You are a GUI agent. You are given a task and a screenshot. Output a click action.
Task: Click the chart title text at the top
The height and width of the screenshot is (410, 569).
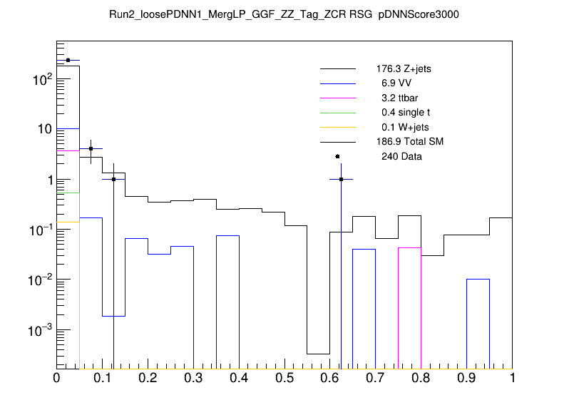coord(284,15)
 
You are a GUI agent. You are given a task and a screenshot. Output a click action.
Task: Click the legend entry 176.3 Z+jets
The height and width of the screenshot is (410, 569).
coord(403,69)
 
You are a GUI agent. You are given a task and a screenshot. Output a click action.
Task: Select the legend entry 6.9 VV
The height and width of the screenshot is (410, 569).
coord(391,83)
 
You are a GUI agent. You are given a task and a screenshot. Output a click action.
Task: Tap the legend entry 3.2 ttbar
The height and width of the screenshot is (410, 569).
coord(396,98)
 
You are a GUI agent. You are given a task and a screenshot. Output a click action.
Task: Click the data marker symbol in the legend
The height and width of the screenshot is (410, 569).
coord(337,156)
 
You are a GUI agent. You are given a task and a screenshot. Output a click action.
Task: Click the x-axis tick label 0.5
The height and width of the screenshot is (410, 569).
coord(284,377)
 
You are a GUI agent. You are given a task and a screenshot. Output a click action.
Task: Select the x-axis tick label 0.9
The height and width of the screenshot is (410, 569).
coord(467,377)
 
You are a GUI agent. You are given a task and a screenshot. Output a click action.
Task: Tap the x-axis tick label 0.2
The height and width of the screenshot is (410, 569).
coord(148,377)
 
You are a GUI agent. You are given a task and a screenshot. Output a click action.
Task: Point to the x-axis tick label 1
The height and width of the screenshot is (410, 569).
coord(512,377)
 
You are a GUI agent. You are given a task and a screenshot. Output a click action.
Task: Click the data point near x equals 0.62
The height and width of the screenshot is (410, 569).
coord(341,179)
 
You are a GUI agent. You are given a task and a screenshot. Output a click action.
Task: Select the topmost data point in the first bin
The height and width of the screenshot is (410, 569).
coord(68,61)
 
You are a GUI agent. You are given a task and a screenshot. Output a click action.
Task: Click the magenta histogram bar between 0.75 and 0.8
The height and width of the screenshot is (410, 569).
coord(410,307)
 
